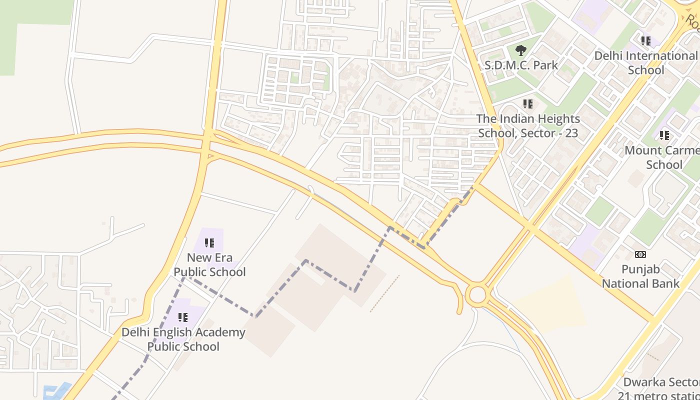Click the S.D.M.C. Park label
coord(521,65)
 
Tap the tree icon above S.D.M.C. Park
coord(520,50)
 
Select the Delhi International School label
coord(645,62)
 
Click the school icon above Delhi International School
coord(645,40)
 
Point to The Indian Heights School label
coord(528,126)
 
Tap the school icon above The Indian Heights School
coord(528,104)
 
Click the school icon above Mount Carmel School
coord(664,135)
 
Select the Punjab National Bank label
coord(640,276)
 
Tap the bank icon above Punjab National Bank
coord(640,254)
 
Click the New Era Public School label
coord(209,265)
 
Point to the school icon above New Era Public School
coord(209,243)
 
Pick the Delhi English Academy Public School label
coord(183,339)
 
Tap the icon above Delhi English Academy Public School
coord(183,317)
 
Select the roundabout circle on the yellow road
coord(477,294)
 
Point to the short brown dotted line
coord(384,294)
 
